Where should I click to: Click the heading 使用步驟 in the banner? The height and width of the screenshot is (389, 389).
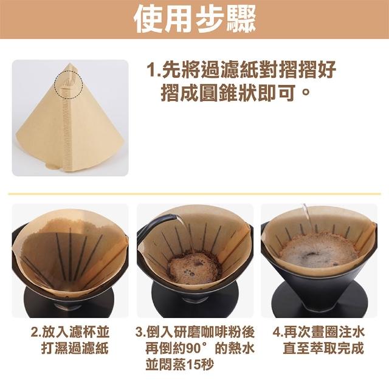click(x=194, y=19)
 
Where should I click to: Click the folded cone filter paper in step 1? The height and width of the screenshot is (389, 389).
click(x=71, y=117)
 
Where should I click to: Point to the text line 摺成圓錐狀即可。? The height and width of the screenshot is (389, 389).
click(x=235, y=93)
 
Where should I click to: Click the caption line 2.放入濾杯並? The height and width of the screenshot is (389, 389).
click(x=70, y=332)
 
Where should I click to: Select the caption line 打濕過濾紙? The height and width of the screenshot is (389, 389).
click(x=75, y=348)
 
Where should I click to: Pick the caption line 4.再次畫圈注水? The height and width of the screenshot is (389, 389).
click(x=318, y=332)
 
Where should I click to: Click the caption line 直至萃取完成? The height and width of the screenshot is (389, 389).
click(x=323, y=348)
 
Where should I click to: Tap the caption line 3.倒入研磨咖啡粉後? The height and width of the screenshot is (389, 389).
click(x=195, y=332)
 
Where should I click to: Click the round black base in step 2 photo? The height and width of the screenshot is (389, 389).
click(x=69, y=301)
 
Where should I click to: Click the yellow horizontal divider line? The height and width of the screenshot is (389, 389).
click(x=194, y=193)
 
